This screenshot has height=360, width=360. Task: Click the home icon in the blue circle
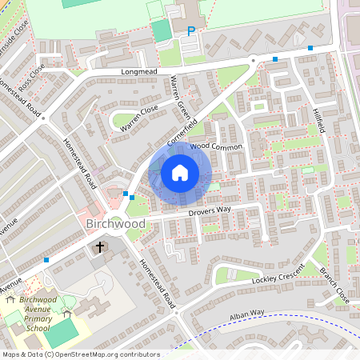pyautogui.click(x=180, y=172)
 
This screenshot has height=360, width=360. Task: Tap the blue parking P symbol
pyautogui.click(x=190, y=31)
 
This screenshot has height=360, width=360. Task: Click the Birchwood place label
pyautogui.click(x=115, y=224)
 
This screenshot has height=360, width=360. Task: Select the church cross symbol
pyautogui.click(x=101, y=247)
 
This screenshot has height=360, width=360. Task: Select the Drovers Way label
pyautogui.click(x=210, y=210)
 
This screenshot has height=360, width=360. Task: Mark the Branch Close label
pyautogui.click(x=334, y=284)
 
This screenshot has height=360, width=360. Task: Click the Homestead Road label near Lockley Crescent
pyautogui.click(x=158, y=282)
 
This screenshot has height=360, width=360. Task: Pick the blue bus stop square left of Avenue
pyautogui.click(x=47, y=260)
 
